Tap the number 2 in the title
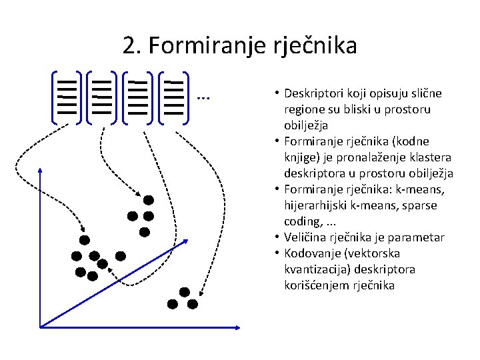130,46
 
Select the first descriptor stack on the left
66,97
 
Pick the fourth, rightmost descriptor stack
174,97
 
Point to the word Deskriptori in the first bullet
311,93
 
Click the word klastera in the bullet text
431,157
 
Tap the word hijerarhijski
318,205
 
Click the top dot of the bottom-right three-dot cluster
184,292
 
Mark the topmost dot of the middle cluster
148,200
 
